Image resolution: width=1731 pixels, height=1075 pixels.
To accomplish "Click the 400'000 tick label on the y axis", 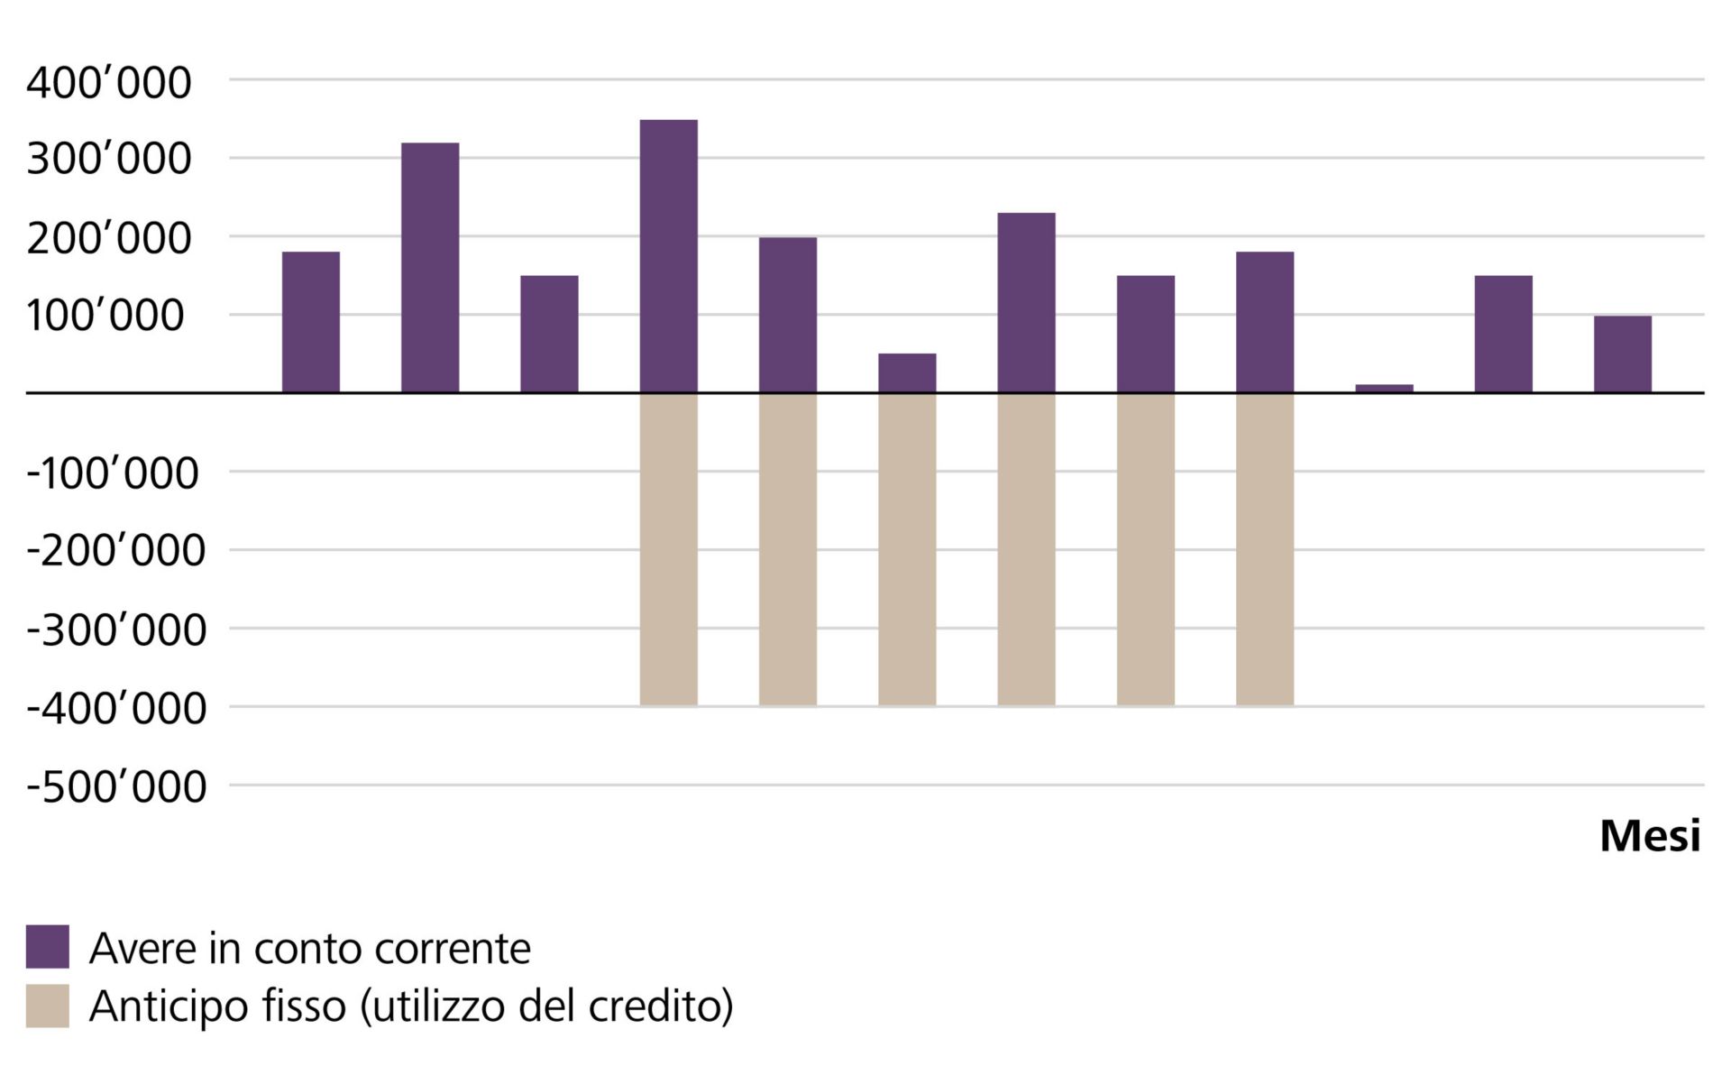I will pos(108,82).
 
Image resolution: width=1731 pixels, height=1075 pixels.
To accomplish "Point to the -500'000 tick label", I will pos(115,786).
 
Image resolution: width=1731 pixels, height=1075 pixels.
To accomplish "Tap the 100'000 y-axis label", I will pos(105,316).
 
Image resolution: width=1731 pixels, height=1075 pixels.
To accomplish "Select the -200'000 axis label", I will pos(115,550).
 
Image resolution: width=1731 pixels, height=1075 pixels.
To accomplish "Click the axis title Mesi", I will pos(1649,836).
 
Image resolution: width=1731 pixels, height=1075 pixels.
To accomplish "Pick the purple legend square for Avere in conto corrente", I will pos(47,946).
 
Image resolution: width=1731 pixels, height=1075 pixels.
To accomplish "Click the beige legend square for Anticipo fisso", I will pos(47,1006).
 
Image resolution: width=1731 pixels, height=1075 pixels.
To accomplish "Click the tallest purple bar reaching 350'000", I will pos(668,256).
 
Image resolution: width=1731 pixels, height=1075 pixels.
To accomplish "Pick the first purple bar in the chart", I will pos(311,322).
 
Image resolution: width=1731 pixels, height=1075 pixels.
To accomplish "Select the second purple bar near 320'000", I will pos(430,268).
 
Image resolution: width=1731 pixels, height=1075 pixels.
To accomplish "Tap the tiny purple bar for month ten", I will pos(1384,389).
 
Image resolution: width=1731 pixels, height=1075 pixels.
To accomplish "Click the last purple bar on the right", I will pos(1622,354).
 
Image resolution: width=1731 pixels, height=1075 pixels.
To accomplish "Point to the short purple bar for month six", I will pos(907,373).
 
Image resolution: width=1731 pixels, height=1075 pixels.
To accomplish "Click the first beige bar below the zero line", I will pos(668,548).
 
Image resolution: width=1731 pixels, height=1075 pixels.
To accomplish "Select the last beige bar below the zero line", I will pos(1264,548).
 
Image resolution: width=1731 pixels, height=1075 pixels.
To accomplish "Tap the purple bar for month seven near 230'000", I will pos(1026,302).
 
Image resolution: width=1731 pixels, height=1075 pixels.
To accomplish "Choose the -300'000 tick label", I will pos(115,629).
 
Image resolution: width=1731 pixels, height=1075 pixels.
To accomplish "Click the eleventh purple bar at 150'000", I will pos(1503,334).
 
